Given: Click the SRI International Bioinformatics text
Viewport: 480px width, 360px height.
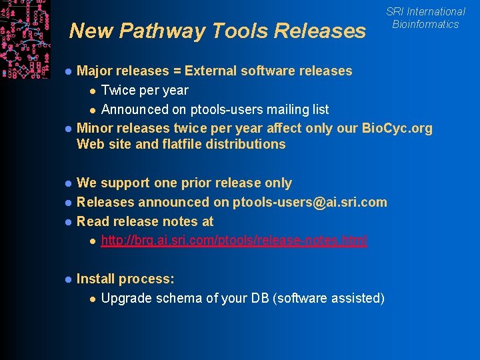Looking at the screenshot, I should coord(425,18).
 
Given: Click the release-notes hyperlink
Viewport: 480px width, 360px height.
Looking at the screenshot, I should coord(233,241).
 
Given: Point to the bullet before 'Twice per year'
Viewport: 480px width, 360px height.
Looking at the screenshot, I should coord(93,91).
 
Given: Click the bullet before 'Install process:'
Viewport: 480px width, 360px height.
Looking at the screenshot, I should coord(68,280).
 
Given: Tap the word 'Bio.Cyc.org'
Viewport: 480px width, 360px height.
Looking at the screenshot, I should coord(396,128).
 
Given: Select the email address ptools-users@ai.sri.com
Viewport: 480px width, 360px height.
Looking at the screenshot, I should coord(309,202).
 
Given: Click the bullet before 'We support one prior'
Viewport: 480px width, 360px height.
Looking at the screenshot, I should coord(68,183).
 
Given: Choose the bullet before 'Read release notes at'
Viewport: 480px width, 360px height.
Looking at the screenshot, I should coord(68,222).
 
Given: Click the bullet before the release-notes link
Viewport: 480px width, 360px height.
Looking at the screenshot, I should coord(93,241).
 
